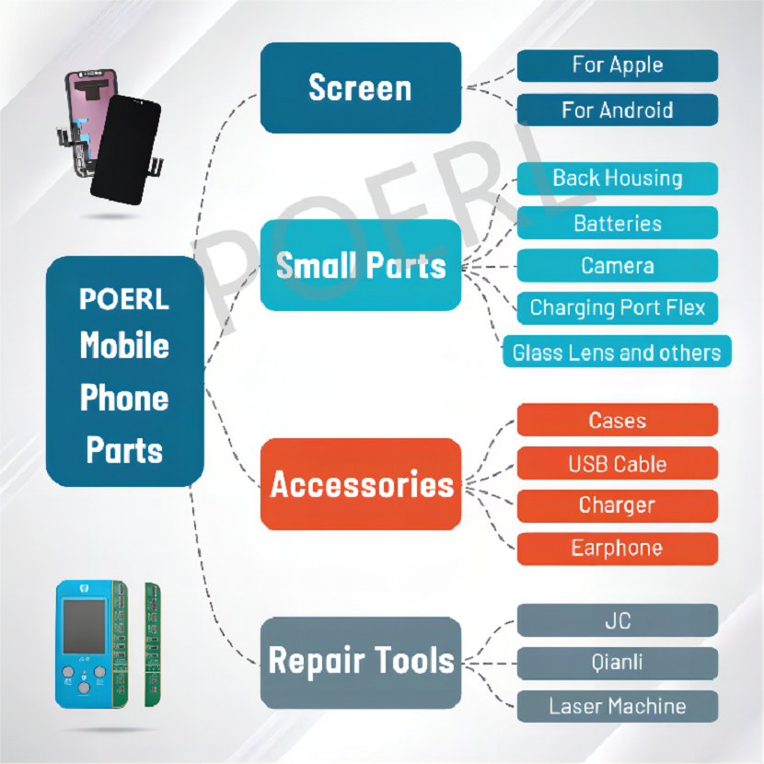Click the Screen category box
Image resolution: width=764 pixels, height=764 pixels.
pos(361,87)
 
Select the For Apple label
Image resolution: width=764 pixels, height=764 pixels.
pos(618,65)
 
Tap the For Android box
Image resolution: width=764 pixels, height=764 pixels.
pos(618,110)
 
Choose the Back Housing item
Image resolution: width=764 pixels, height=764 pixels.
pos(618,179)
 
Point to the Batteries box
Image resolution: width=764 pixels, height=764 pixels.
pos(618,223)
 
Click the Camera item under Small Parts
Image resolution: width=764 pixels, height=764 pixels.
pos(618,265)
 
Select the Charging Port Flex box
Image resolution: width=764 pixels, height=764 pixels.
pos(618,308)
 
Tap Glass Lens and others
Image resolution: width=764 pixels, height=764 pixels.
pos(617,352)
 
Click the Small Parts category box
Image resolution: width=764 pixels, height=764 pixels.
pos(361,265)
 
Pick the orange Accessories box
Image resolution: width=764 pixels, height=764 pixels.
pos(361,484)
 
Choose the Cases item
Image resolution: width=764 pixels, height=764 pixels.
pos(618,420)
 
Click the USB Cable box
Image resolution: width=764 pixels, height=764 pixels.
pos(618,463)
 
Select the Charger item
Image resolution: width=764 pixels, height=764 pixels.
pos(618,506)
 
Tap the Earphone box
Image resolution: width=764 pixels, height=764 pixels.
pos(618,550)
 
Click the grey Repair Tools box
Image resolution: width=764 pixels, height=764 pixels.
pos(361,663)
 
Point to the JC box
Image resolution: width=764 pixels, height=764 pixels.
pos(618,620)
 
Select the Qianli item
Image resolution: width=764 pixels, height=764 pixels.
pos(618,663)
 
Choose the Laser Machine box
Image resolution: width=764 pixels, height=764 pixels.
pos(618,706)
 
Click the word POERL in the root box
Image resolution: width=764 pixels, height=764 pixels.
pos(124,299)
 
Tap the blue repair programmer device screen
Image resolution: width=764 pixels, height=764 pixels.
pos(84,626)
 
